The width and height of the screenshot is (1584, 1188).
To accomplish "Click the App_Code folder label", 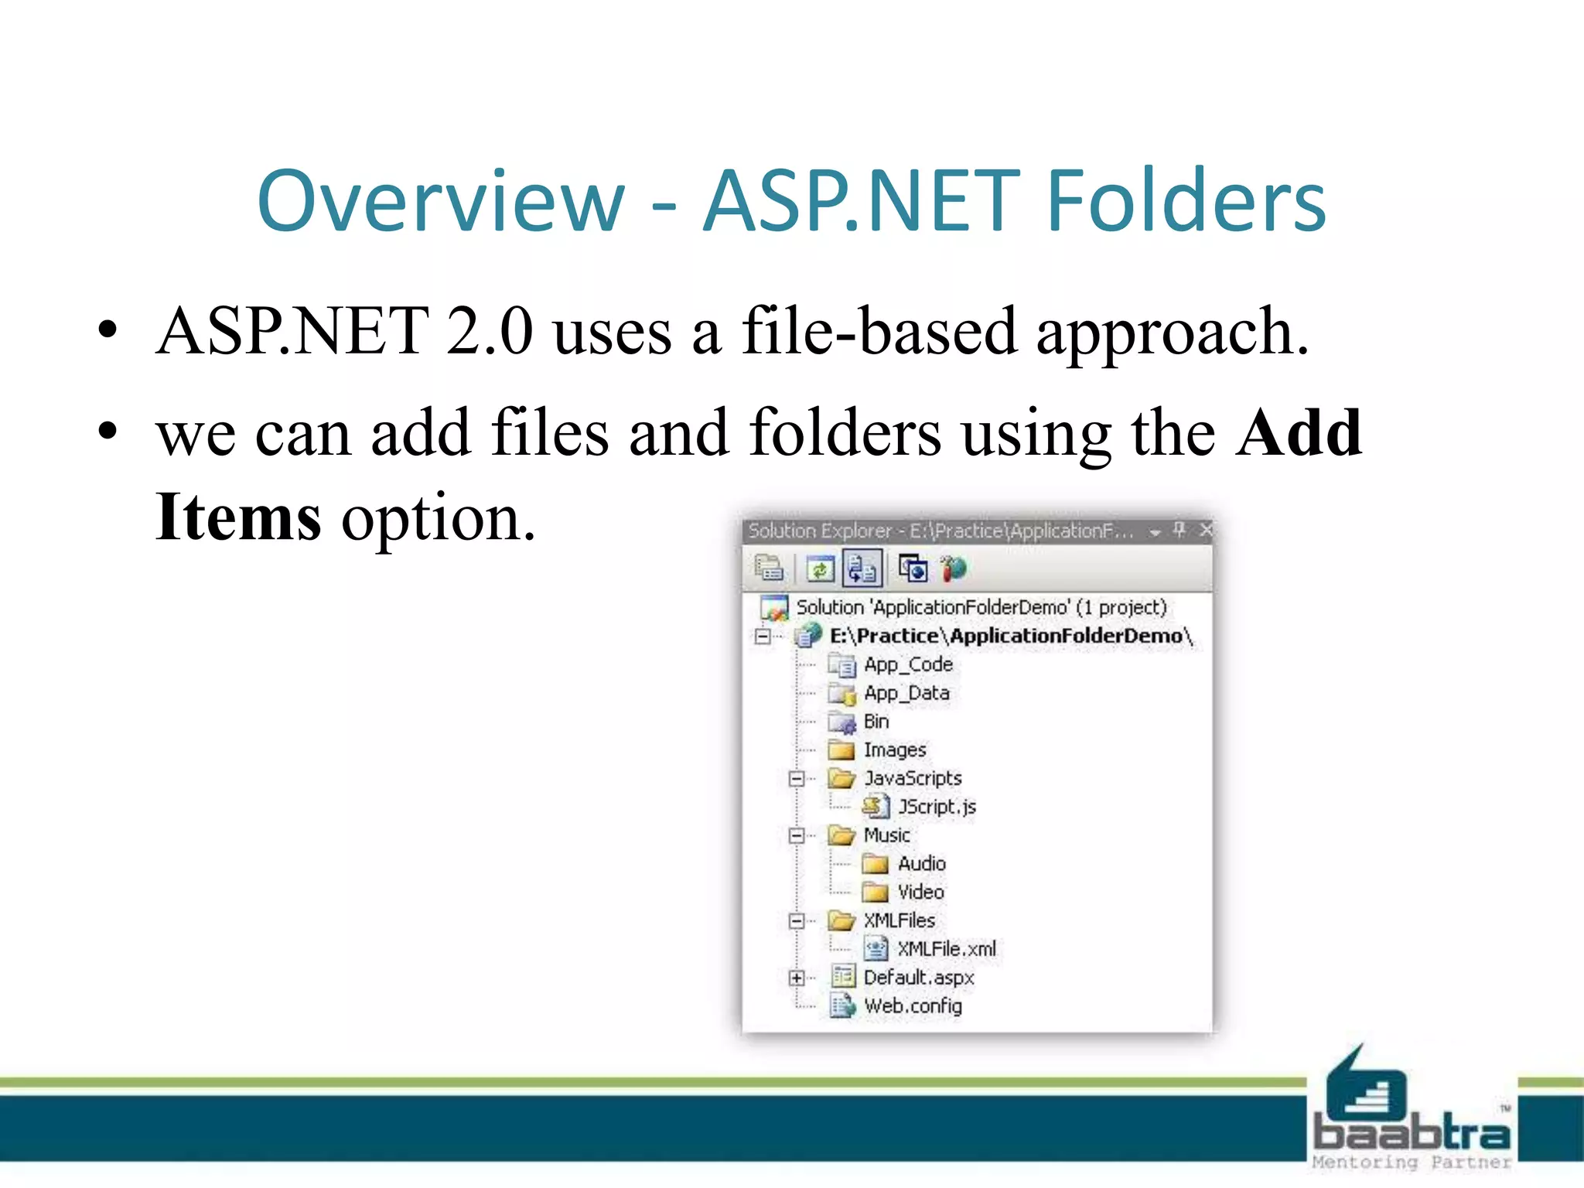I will pos(908,664).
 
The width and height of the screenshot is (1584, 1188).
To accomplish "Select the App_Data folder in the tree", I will pos(906,693).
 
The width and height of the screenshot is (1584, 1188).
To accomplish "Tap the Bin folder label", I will pos(876,722).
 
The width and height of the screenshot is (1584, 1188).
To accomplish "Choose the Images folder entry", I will pos(894,749).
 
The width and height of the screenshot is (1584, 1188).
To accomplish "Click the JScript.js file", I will pos(937,807).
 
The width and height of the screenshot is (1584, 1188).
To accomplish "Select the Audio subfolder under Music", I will pos(921,863).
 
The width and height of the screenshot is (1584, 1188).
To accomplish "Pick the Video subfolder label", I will pos(920,892).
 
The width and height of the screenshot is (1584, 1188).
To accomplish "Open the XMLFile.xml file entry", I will pos(946,949).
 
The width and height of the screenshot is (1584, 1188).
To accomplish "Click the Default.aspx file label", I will pos(918,978).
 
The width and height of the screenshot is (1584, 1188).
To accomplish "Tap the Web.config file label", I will pos(913,1005).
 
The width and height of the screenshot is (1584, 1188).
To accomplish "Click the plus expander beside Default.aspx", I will pos(797,978).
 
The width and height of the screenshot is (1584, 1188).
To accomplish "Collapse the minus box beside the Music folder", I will pos(797,835).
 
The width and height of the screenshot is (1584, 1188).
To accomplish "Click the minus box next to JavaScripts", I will pos(797,778).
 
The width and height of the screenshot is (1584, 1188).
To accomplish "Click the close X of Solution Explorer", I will pos(1206,530).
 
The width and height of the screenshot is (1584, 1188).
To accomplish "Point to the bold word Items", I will pos(238,517).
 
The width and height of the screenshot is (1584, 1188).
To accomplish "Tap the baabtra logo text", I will pos(1412,1133).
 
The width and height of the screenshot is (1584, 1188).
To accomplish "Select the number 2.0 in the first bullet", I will pos(490,331).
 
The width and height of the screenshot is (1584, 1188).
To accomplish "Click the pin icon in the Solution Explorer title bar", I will pos(1179,530).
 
